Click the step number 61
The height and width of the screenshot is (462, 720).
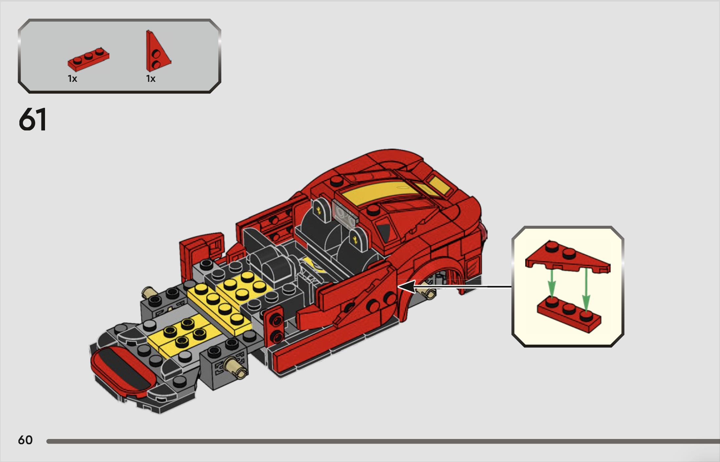point(33,120)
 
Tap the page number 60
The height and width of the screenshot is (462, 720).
point(25,440)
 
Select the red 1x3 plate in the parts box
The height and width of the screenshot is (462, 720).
point(88,59)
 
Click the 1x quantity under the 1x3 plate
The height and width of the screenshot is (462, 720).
point(72,79)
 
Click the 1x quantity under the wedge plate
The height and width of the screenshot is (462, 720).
point(151,79)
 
